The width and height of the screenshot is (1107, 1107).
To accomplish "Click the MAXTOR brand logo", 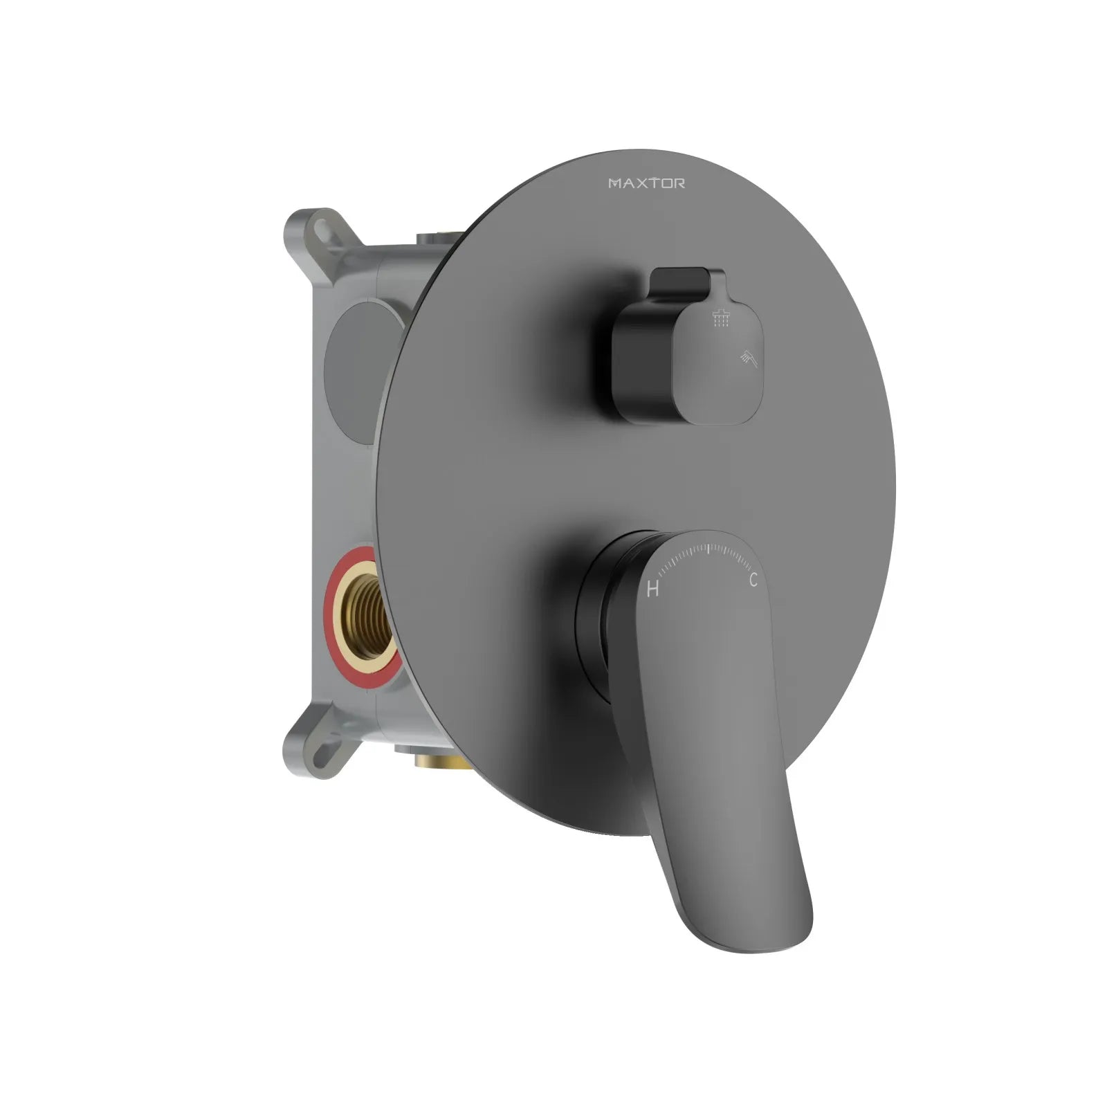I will click(x=647, y=183).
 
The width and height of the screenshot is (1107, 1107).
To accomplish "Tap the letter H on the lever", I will click(x=652, y=589).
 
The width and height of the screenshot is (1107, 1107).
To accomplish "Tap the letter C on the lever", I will click(x=753, y=580).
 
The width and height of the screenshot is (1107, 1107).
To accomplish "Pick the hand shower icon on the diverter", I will click(x=747, y=357).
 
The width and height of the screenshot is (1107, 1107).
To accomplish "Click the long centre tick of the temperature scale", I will click(x=708, y=551).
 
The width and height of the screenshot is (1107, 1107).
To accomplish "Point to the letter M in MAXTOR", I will click(x=614, y=183).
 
